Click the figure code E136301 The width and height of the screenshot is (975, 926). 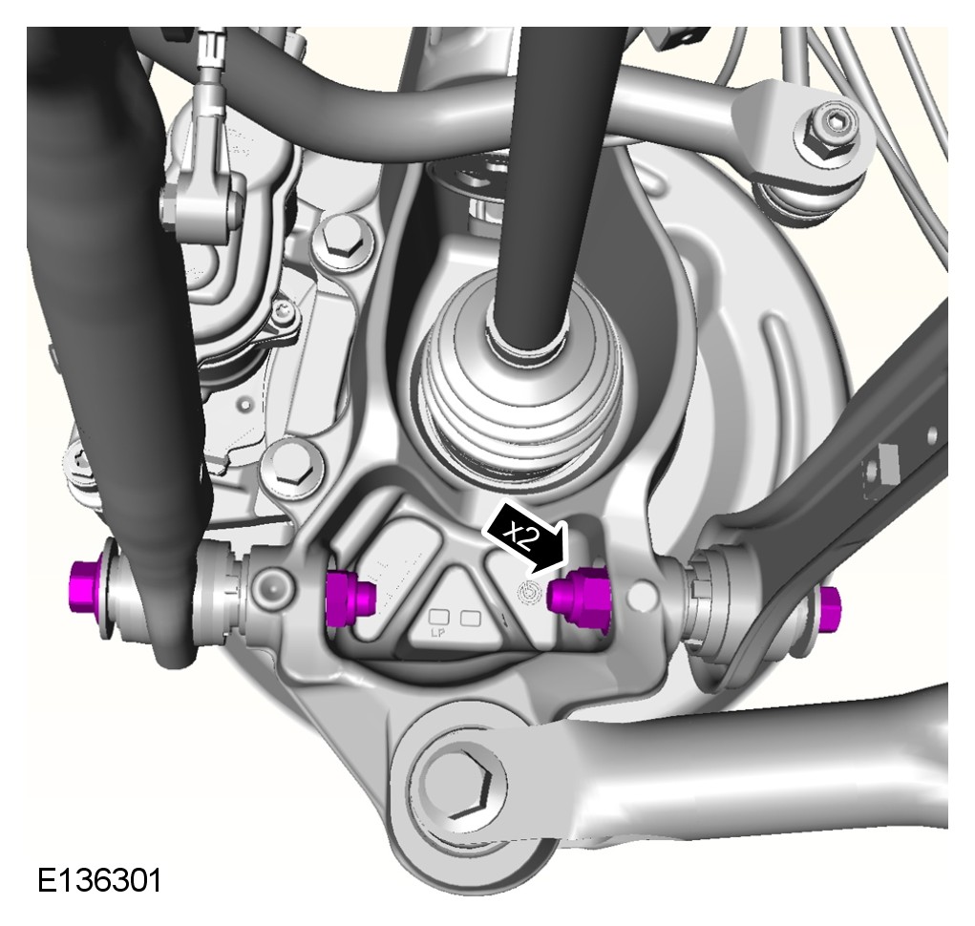tap(99, 880)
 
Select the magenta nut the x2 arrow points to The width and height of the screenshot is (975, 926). tap(579, 596)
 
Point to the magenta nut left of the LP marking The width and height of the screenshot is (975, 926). tap(350, 598)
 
